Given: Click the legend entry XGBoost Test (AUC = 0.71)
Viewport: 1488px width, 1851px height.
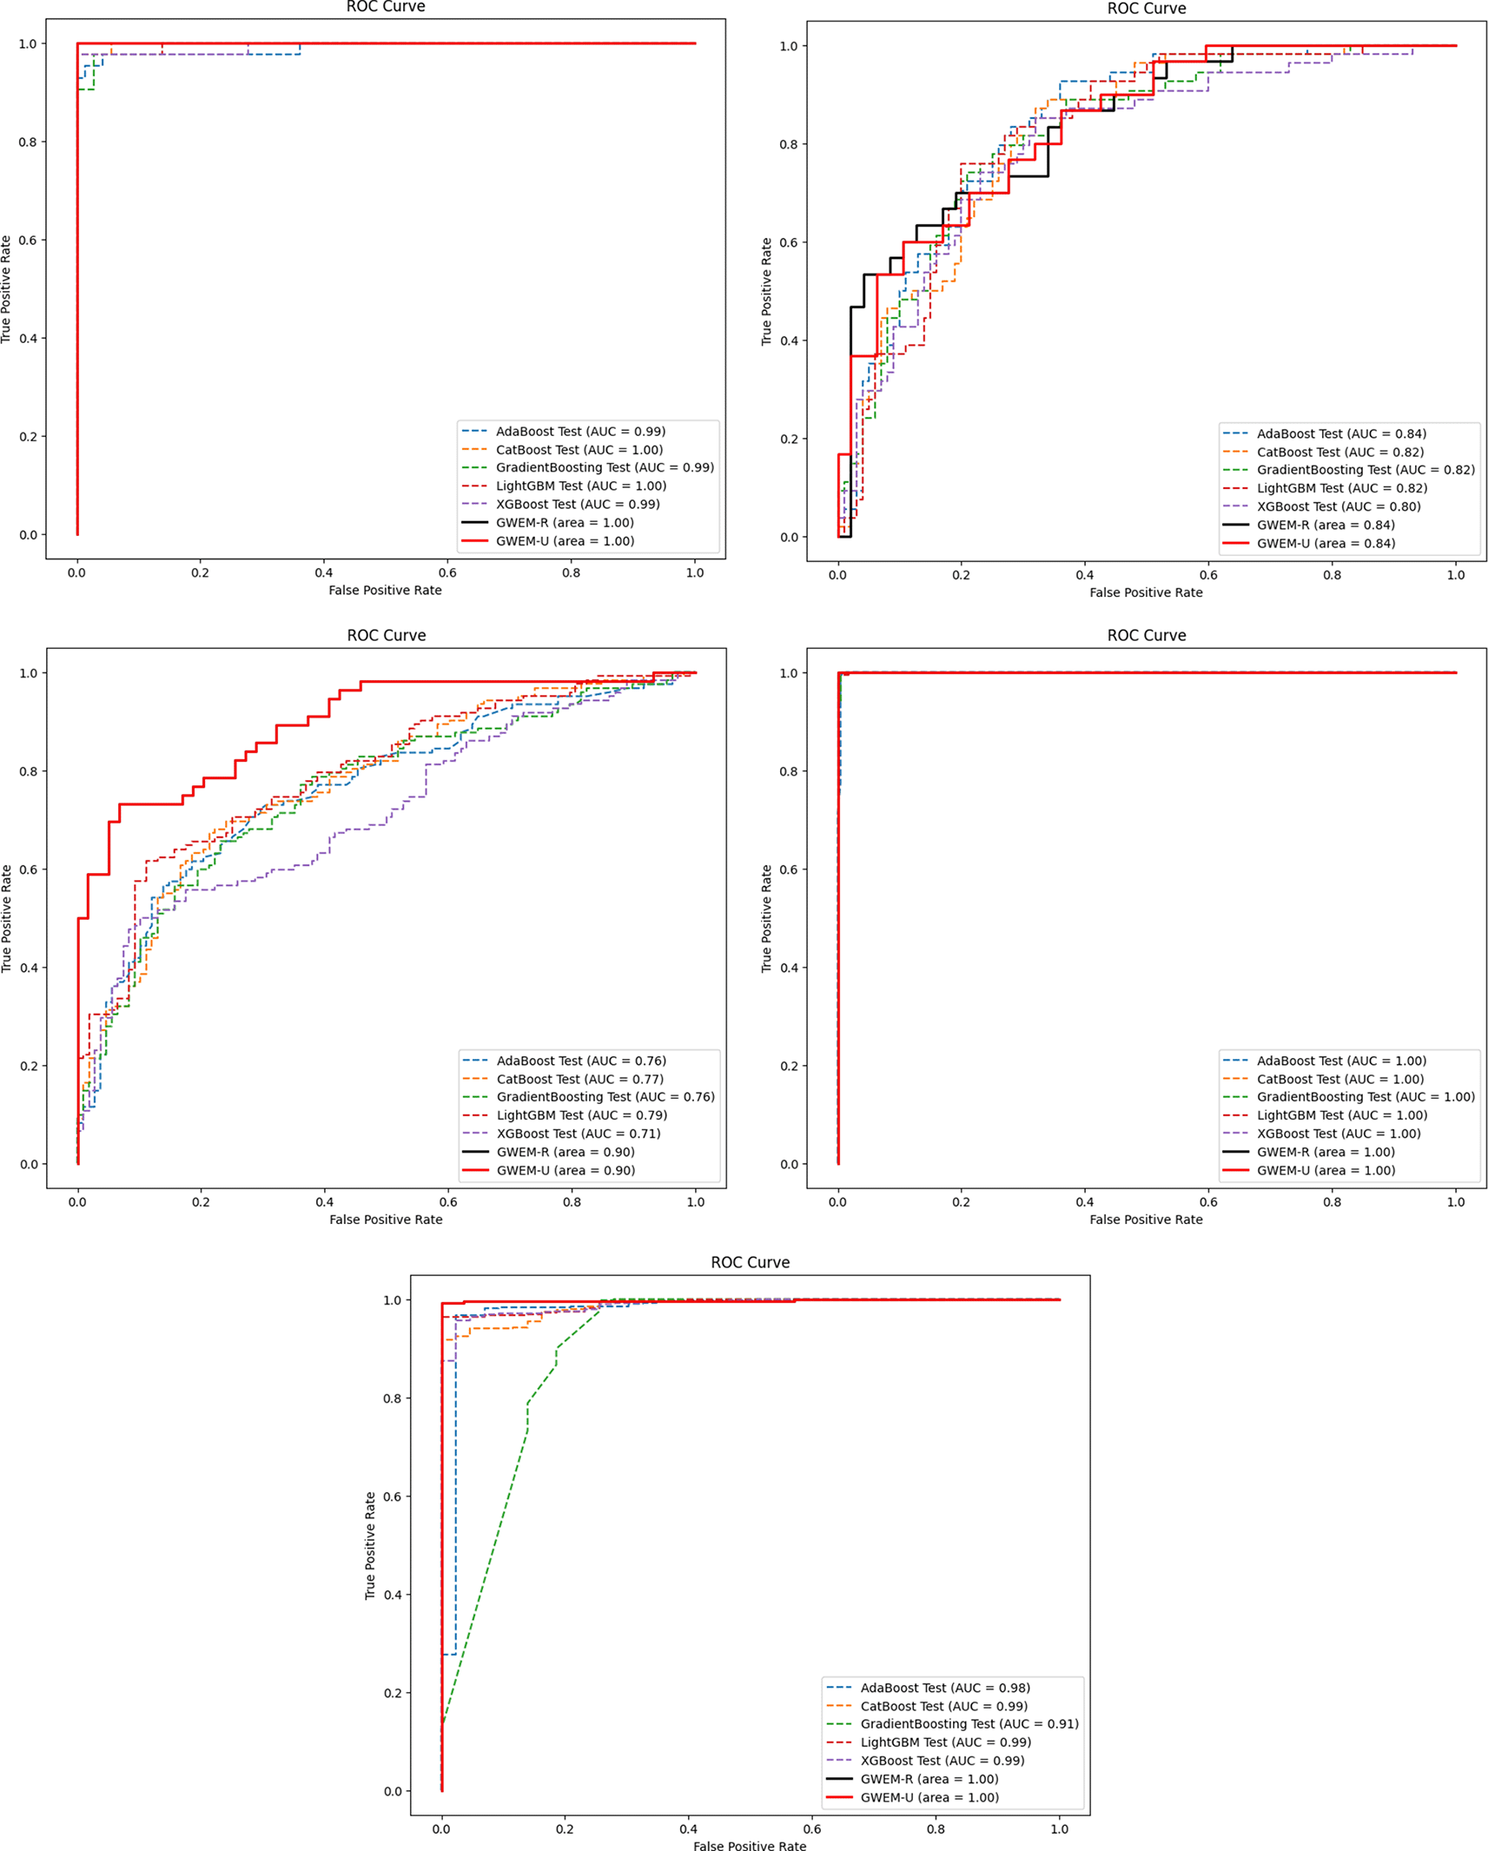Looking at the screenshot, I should coord(578,1134).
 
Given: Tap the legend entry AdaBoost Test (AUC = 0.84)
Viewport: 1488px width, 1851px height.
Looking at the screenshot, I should coord(1340,433).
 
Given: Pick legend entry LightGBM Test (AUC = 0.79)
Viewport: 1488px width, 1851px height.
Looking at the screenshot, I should coord(581,1115).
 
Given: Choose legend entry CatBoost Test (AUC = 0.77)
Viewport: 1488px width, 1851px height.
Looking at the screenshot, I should coord(579,1079).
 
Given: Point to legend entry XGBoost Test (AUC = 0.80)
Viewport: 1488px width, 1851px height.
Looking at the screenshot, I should coord(1338,506).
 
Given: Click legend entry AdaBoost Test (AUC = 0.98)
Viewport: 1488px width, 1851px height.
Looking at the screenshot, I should coord(944,1688).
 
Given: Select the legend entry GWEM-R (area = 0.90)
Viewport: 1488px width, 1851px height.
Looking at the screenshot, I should coord(565,1152).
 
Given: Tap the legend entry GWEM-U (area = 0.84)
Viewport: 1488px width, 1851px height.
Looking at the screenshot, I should coord(1325,543).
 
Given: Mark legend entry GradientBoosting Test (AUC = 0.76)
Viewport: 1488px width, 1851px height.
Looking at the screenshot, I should coord(605,1097).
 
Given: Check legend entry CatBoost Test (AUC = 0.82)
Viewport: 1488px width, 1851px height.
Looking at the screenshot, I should coord(1339,452).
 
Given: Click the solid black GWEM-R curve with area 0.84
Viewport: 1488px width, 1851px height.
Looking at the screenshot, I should coord(1028,176).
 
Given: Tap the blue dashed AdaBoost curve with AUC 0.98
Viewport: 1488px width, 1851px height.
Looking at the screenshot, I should coord(455,1477).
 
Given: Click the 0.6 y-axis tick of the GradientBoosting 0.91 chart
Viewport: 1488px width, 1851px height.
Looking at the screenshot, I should coord(392,1497).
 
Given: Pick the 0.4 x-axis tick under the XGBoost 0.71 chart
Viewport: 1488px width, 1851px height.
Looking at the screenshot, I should coord(324,1202).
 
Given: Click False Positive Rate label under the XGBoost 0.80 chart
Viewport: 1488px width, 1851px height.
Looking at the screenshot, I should coord(1146,592).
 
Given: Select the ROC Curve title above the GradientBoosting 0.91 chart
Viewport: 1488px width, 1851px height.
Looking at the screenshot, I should coord(750,1262).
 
